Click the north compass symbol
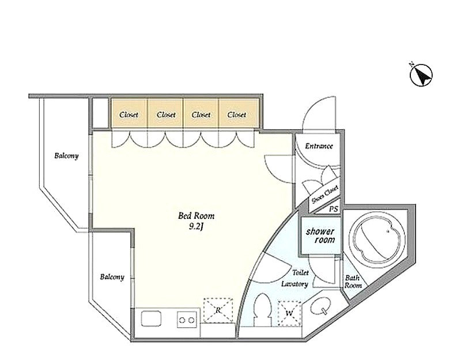421,75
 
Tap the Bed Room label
197,216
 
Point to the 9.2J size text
197,226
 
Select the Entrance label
319,146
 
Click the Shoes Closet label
325,195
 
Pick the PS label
334,209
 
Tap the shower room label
320,236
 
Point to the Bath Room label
353,281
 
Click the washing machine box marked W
290,313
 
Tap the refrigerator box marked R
218,310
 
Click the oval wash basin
321,307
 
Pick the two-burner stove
186,319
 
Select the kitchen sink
152,319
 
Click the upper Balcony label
66,156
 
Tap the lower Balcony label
112,277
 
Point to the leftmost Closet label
129,115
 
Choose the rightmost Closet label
237,115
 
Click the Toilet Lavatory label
295,278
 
